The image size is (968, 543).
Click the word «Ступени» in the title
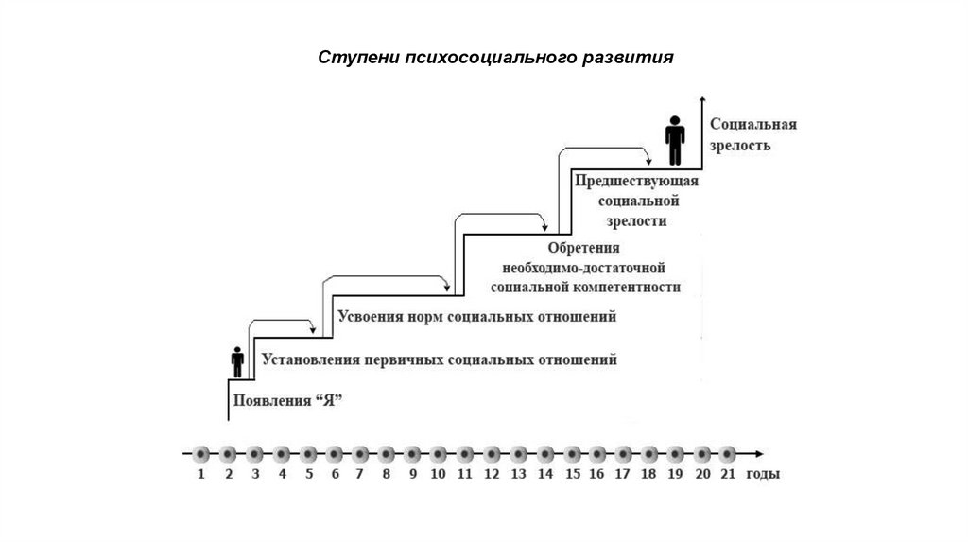[350, 57]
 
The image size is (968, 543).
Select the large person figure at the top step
[675, 141]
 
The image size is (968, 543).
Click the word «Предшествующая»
[635, 180]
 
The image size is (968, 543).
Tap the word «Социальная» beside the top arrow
[753, 125]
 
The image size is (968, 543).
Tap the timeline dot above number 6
[333, 452]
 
